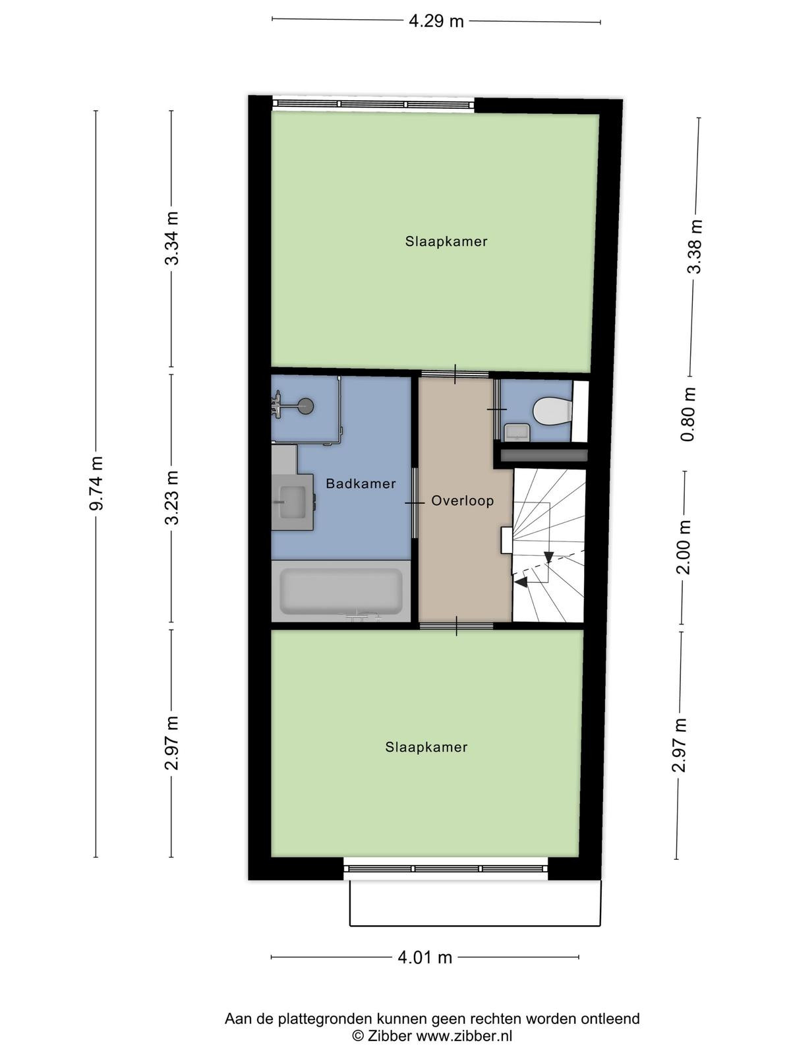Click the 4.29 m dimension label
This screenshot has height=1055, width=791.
click(436, 21)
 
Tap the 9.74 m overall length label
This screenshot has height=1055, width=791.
click(96, 483)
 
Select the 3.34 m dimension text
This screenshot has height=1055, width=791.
click(172, 238)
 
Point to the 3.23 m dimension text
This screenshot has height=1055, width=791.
click(172, 497)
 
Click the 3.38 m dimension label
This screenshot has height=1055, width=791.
click(695, 246)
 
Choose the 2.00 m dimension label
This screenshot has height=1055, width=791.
click(684, 547)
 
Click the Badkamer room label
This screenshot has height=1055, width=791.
click(361, 483)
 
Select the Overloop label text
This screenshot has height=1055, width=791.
click(463, 501)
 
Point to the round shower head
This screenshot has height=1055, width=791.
click(305, 406)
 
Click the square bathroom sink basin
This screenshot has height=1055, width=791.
click(293, 502)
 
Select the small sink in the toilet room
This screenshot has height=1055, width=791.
click(517, 431)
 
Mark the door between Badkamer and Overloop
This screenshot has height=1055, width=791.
click(415, 502)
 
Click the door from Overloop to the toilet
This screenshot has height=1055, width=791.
click(496, 409)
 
